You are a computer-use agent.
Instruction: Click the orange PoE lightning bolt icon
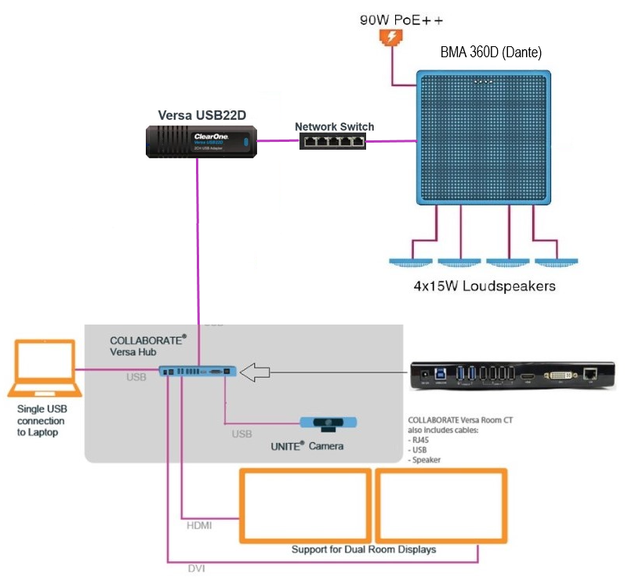tap(388, 37)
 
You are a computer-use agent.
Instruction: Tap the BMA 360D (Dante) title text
tap(492, 53)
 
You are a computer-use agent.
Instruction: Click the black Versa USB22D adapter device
tap(199, 142)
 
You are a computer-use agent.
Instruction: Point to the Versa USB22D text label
tap(198, 115)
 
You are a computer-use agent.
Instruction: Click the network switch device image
tap(332, 141)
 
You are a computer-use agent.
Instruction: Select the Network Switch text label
tap(334, 126)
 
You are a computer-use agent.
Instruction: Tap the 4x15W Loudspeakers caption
tap(484, 286)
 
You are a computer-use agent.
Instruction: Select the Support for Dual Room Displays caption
tap(363, 550)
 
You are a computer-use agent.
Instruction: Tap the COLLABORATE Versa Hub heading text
tap(148, 346)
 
